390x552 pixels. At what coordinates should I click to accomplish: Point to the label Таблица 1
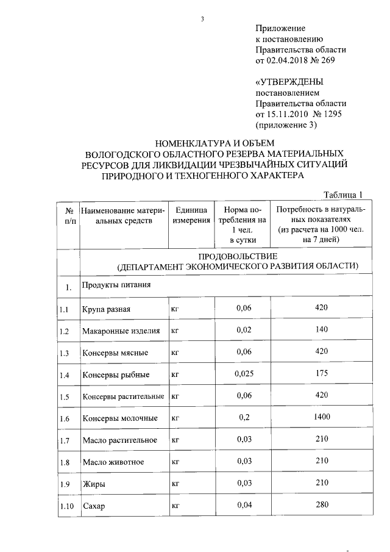(x=343, y=195)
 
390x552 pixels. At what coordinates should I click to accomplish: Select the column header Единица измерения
(x=190, y=215)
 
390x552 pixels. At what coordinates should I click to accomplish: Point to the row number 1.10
(x=67, y=506)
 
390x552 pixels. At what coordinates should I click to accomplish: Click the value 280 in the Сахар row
(x=321, y=504)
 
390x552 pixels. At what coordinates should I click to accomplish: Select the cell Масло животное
(x=113, y=462)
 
